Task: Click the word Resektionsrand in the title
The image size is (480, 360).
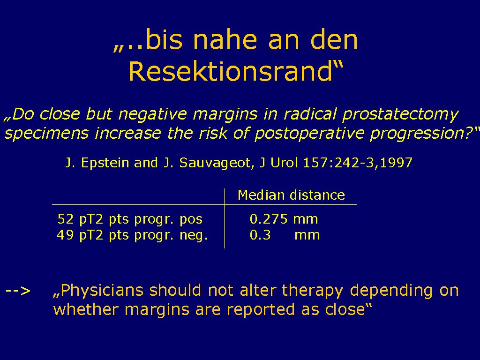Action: [230, 71]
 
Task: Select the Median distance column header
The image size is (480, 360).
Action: [291, 195]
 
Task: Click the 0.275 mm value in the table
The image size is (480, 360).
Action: [284, 219]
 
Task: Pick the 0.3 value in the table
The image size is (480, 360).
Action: [260, 235]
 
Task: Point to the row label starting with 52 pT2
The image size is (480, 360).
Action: [130, 219]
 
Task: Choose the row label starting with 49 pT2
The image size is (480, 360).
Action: [132, 235]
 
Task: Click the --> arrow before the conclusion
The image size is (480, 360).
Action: [18, 290]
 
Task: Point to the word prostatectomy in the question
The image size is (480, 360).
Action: [400, 114]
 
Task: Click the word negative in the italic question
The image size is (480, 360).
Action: [152, 114]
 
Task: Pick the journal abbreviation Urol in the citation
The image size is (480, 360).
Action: [284, 163]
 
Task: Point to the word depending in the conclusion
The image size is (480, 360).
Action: [391, 291]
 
